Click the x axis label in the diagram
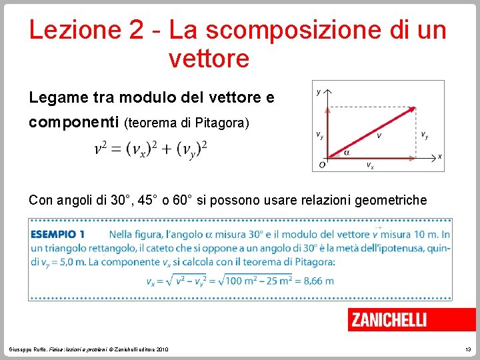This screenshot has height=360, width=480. click(439, 157)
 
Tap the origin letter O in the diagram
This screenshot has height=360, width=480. click(322, 164)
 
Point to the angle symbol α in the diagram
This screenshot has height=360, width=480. click(347, 153)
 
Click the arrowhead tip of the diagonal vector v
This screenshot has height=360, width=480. click(415, 108)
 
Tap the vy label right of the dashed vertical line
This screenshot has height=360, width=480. click(425, 135)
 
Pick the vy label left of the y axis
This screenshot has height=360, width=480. click(320, 135)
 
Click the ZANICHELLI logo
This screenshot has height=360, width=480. click(389, 320)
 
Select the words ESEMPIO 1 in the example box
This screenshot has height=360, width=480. click(57, 234)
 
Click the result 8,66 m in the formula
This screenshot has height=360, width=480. click(319, 281)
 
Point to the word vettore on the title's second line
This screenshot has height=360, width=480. click(209, 59)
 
